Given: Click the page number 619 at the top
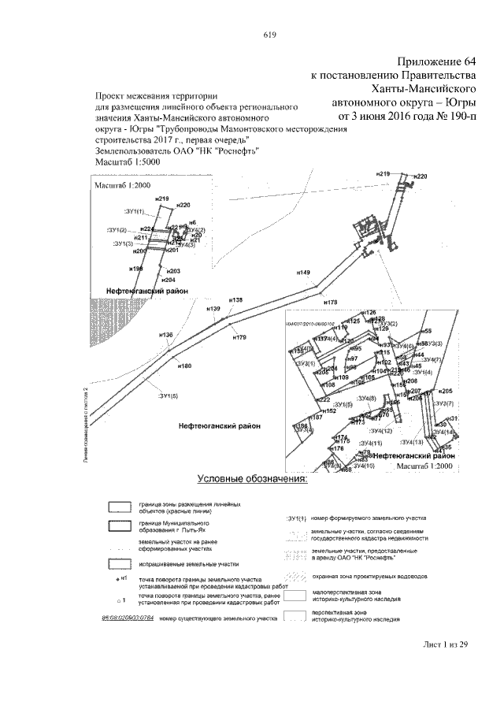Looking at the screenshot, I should tap(268, 34).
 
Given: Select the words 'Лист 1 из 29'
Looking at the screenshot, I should tap(445, 644).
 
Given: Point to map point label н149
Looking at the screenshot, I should tap(304, 272).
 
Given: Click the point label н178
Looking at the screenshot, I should tap(331, 302).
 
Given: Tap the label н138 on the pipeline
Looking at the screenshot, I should tap(235, 299).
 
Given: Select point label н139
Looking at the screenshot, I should tap(213, 309).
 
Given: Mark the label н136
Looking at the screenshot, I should tap(165, 336).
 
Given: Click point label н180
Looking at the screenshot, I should tap(185, 366).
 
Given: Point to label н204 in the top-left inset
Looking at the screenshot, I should tap(167, 280).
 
